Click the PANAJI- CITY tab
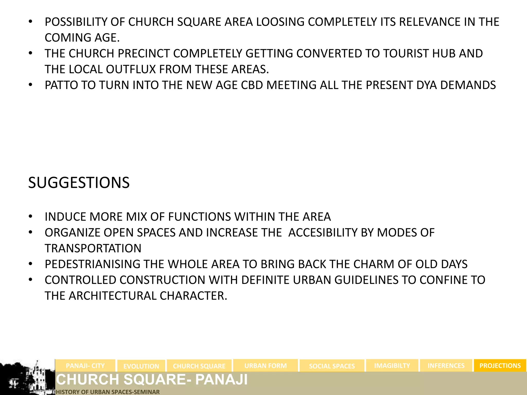(x=85, y=365)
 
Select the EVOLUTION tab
(x=141, y=366)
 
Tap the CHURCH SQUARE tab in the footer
(x=199, y=366)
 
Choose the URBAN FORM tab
(x=265, y=365)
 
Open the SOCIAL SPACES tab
(x=332, y=366)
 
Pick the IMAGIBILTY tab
(x=392, y=365)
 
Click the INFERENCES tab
(x=446, y=365)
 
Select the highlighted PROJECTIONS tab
(x=500, y=365)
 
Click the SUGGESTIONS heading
(x=79, y=183)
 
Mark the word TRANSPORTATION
(x=93, y=248)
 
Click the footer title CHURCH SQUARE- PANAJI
(x=152, y=380)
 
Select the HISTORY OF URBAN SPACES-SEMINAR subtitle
(x=108, y=392)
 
